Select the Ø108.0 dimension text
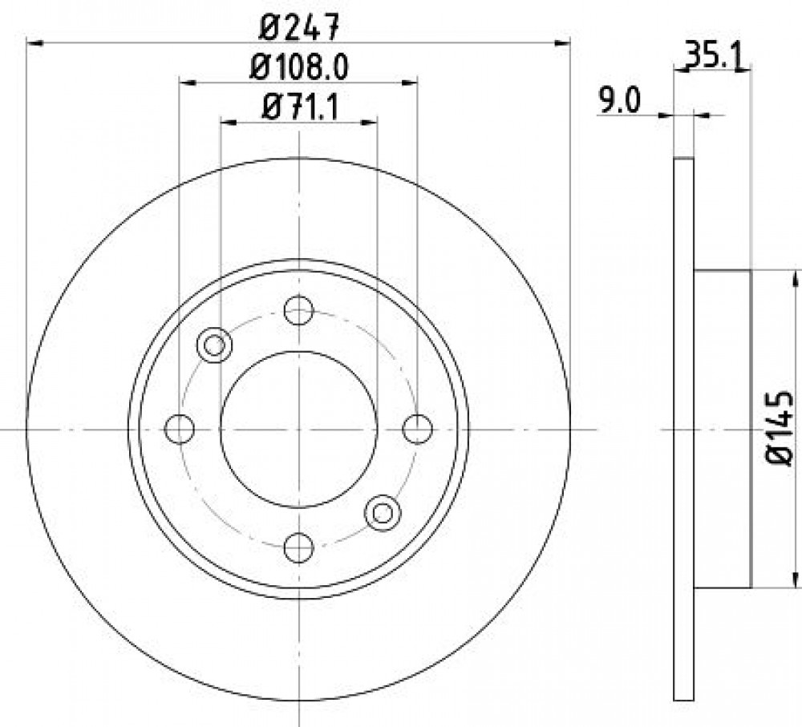[x=299, y=67]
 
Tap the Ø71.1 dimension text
[x=300, y=107]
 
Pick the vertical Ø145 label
[x=780, y=429]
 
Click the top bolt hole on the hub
[x=298, y=310]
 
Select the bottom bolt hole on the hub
[x=298, y=547]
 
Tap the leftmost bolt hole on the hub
[x=180, y=429]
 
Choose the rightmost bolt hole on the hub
[x=418, y=429]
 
